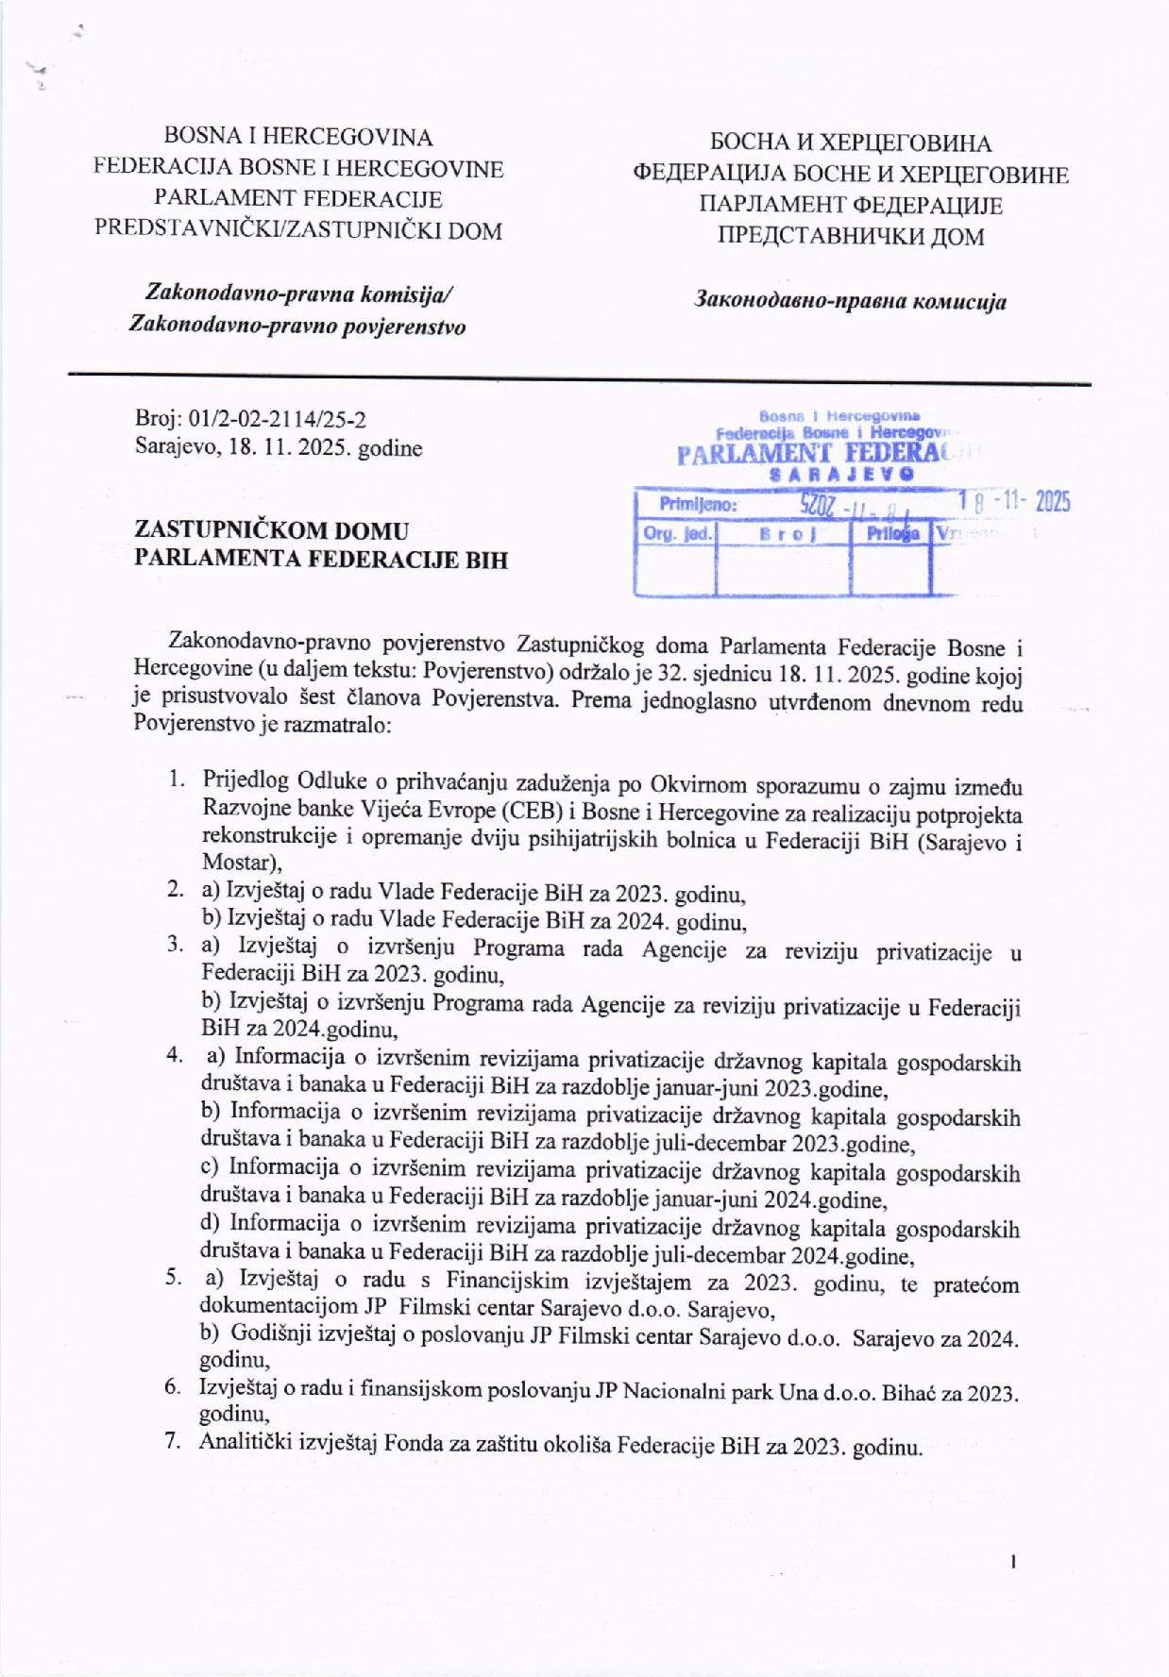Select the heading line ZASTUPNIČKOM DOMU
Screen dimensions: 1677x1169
click(x=272, y=530)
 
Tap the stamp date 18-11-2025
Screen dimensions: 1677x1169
click(x=1014, y=502)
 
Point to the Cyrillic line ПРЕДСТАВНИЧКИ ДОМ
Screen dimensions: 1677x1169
click(x=851, y=236)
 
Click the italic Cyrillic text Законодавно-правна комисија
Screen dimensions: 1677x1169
click(x=850, y=302)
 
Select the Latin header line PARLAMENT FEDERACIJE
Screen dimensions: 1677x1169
click(x=298, y=199)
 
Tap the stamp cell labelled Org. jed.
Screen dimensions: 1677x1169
click(x=676, y=534)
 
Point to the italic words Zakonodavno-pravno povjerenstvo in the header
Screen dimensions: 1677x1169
click(x=297, y=327)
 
